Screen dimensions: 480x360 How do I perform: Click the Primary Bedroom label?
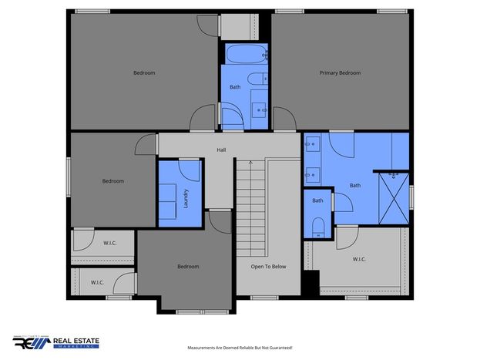pos(340,73)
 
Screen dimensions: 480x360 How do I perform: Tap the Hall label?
pos(221,150)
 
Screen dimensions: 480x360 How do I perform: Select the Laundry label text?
pos(186,199)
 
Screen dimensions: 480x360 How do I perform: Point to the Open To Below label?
pos(268,267)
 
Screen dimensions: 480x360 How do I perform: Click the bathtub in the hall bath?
pos(246,54)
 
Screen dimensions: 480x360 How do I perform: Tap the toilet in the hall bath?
pos(257,79)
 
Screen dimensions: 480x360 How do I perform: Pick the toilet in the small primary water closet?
pos(318,227)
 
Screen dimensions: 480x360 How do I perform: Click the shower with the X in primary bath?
pos(394,199)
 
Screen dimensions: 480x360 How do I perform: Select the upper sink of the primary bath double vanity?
pos(313,143)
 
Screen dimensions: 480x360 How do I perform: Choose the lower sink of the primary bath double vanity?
pos(313,175)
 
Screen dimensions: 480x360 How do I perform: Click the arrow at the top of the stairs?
pos(250,163)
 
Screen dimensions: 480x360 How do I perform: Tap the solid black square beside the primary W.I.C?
pos(311,282)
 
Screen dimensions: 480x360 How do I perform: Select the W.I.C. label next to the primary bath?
pos(359,259)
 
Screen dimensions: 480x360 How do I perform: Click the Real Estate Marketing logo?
pos(55,342)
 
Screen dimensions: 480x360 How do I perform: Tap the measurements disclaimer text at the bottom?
pos(240,348)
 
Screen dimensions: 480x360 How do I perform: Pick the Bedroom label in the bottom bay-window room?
pos(188,267)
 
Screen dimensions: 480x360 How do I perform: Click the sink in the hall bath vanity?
pos(260,109)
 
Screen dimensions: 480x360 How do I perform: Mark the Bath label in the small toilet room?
pos(317,200)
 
